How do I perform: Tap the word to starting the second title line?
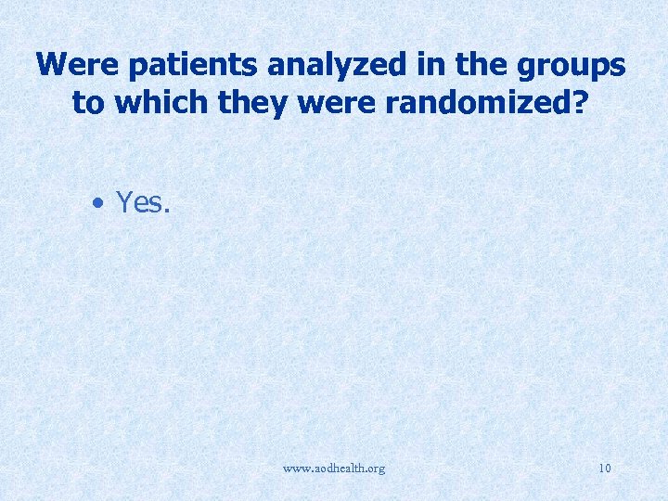[x=88, y=102]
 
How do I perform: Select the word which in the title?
[x=158, y=102]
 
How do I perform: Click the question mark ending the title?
[x=581, y=102]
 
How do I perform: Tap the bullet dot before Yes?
[x=97, y=202]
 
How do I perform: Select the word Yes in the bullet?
[x=141, y=202]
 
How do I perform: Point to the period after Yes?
[x=168, y=211]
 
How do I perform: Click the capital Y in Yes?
[x=124, y=202]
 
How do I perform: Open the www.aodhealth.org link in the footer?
[x=333, y=469]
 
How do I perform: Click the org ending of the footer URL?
[x=375, y=469]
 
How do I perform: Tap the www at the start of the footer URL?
[x=294, y=469]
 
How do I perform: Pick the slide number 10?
[x=605, y=469]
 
